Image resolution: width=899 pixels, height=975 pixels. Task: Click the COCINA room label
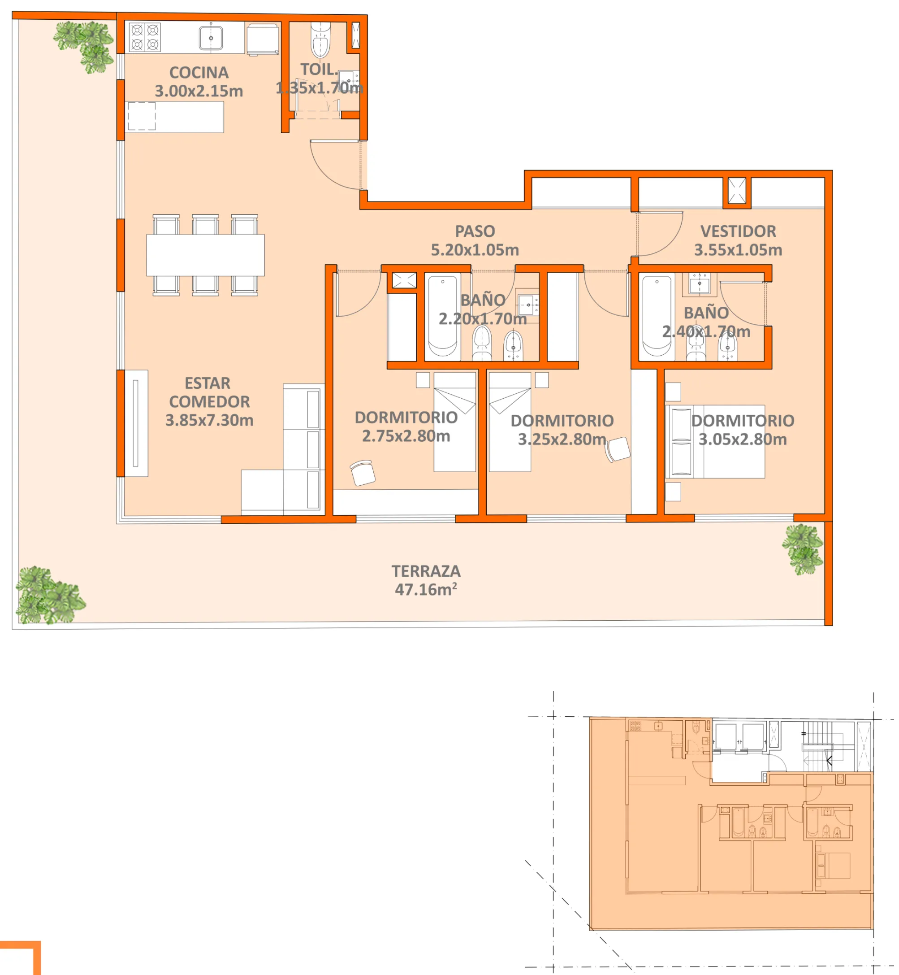[x=199, y=73]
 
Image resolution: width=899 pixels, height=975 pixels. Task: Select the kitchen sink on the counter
[x=211, y=38]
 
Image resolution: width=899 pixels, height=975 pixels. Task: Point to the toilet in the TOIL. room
[x=320, y=42]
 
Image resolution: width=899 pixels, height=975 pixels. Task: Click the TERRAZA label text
[x=426, y=571]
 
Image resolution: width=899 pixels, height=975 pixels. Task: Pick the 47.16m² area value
[x=426, y=589]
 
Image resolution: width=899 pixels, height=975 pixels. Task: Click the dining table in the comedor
[x=205, y=255]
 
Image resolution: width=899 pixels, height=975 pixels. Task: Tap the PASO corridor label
[x=475, y=231]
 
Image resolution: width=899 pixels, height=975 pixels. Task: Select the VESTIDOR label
[x=738, y=231]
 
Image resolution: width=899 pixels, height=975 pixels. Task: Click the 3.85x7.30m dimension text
[x=209, y=420]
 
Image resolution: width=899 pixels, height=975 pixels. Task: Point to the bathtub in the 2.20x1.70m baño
[x=442, y=316]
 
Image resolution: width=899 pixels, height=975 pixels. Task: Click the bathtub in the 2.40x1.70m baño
[x=656, y=316]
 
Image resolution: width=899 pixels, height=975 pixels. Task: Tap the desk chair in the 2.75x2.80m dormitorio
[x=363, y=473]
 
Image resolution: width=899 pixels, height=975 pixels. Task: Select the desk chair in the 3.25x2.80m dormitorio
[x=618, y=449]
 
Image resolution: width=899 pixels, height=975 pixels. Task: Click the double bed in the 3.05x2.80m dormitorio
[x=715, y=441]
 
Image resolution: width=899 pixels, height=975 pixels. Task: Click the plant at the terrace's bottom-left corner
[x=49, y=595]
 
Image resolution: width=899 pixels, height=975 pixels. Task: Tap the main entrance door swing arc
[x=331, y=168]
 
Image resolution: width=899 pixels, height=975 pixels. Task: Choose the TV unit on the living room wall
[x=136, y=423]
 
